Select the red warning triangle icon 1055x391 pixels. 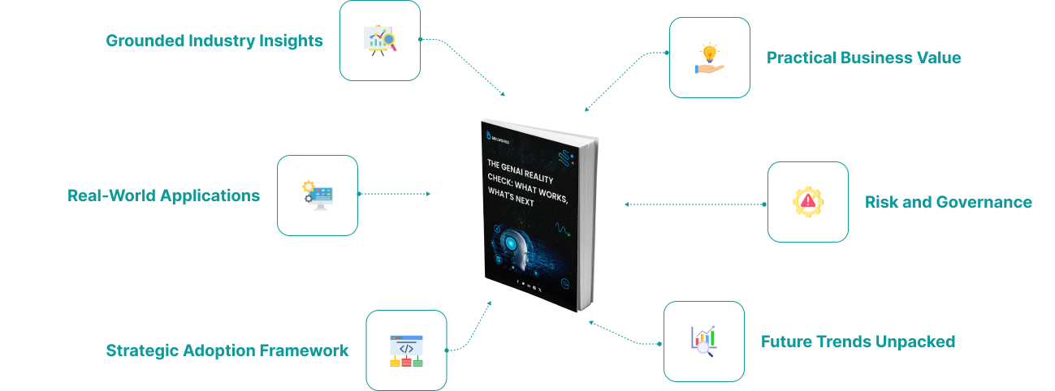[x=809, y=201]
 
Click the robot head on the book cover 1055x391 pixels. [x=520, y=247]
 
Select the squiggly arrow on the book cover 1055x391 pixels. [x=560, y=231]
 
